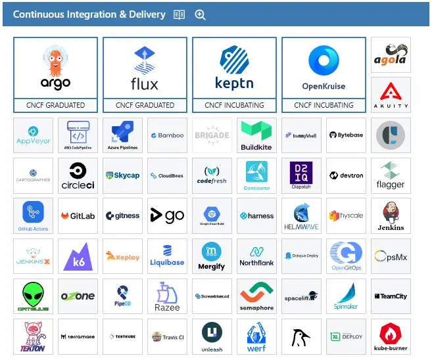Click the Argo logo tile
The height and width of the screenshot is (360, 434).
tap(55, 68)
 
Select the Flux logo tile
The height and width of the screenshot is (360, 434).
tap(145, 68)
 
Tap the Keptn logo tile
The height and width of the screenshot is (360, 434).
tap(234, 68)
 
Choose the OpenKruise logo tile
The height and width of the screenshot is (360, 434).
tap(324, 68)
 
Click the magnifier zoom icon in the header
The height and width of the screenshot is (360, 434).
tap(201, 14)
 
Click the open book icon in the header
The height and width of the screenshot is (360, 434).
tap(179, 14)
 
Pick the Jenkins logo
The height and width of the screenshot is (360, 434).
tap(391, 215)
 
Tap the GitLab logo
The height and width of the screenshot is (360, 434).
tap(78, 215)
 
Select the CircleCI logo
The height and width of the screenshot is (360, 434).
tap(78, 175)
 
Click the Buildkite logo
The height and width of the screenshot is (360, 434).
tap(256, 135)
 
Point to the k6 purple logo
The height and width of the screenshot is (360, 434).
tap(78, 256)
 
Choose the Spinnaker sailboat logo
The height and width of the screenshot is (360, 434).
tap(346, 296)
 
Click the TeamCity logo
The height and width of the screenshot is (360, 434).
tap(391, 296)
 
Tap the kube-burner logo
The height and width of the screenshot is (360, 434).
tap(391, 336)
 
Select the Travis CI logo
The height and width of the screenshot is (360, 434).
tap(167, 336)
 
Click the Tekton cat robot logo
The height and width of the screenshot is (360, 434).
tap(33, 336)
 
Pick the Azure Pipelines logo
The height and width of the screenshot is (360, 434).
tap(122, 135)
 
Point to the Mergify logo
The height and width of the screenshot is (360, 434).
tap(212, 256)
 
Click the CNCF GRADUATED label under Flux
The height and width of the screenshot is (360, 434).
tap(145, 105)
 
